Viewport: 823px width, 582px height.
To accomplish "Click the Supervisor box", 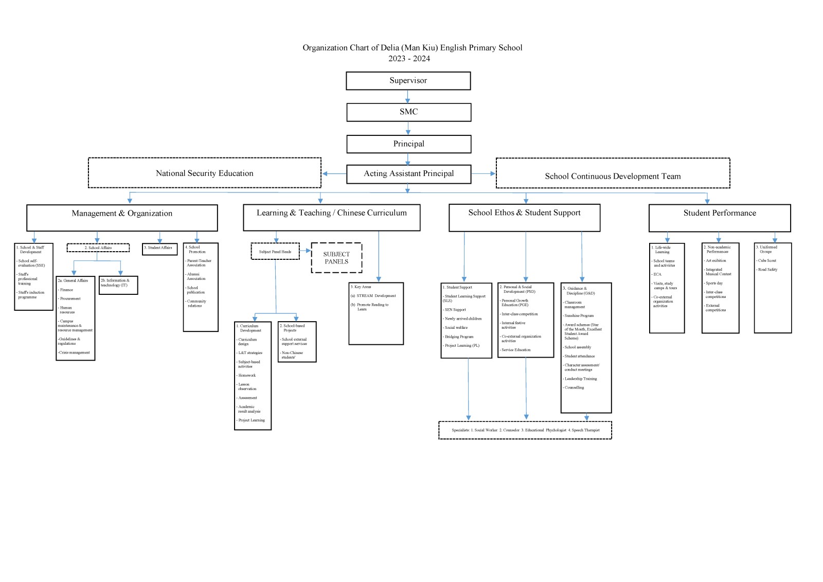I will point(408,81).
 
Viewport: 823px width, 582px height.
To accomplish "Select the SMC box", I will point(408,112).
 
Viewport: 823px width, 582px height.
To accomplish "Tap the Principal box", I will point(408,144).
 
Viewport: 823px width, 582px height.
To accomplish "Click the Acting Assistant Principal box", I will point(408,174).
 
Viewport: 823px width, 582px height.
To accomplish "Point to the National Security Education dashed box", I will point(204,173).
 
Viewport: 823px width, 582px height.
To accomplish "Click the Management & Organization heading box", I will point(122,218).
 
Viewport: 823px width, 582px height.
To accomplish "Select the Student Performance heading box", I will point(719,218).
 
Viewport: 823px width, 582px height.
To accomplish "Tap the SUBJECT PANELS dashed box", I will point(336,258).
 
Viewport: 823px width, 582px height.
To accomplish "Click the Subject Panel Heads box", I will point(275,252).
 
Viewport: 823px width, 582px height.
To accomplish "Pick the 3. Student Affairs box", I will point(159,249).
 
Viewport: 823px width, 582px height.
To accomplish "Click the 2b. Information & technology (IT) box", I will point(118,285).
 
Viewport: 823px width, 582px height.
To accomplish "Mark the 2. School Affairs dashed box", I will point(98,248).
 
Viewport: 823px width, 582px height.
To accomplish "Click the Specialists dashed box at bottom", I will point(525,430).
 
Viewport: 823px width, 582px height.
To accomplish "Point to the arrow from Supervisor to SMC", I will point(408,97).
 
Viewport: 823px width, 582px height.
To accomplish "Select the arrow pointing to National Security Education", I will point(333,174).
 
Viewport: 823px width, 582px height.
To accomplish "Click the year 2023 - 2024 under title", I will point(409,59).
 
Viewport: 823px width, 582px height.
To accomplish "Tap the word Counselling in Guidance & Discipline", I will point(574,387).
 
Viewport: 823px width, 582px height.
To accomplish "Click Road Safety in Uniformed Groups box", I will point(767,270).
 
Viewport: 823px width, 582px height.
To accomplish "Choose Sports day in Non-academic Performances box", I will point(714,283).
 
